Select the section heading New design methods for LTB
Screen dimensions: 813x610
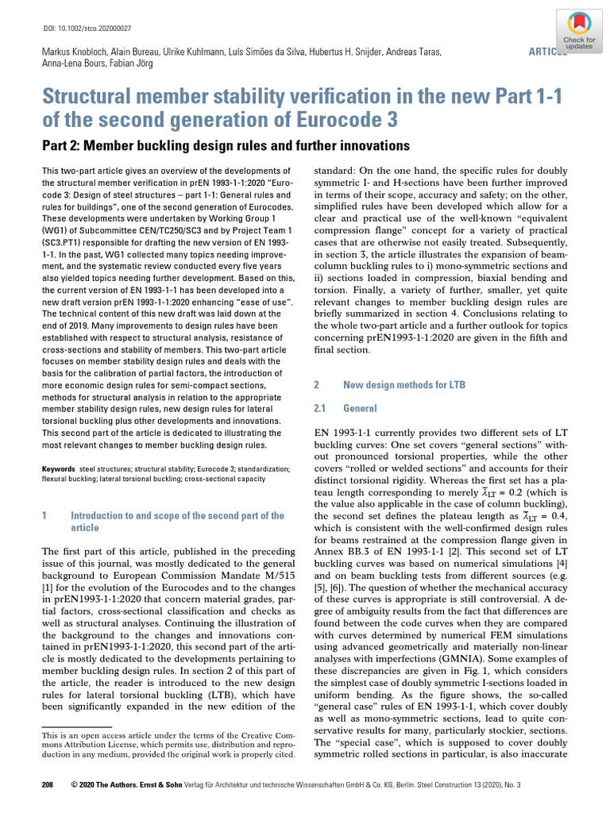(x=403, y=384)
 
